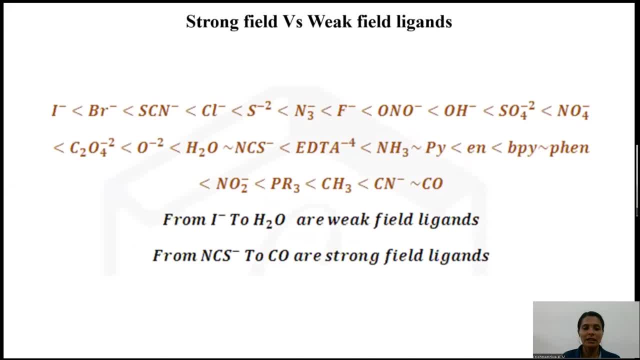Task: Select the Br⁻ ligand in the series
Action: [x=102, y=110]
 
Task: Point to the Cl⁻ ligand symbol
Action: [x=213, y=110]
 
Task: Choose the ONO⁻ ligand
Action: [x=399, y=110]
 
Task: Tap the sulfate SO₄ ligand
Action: [x=516, y=111]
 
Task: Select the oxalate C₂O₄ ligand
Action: [x=92, y=147]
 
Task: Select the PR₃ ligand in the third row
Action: [x=285, y=184]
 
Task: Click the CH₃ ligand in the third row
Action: [x=336, y=184]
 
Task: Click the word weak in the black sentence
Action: [x=348, y=219]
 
